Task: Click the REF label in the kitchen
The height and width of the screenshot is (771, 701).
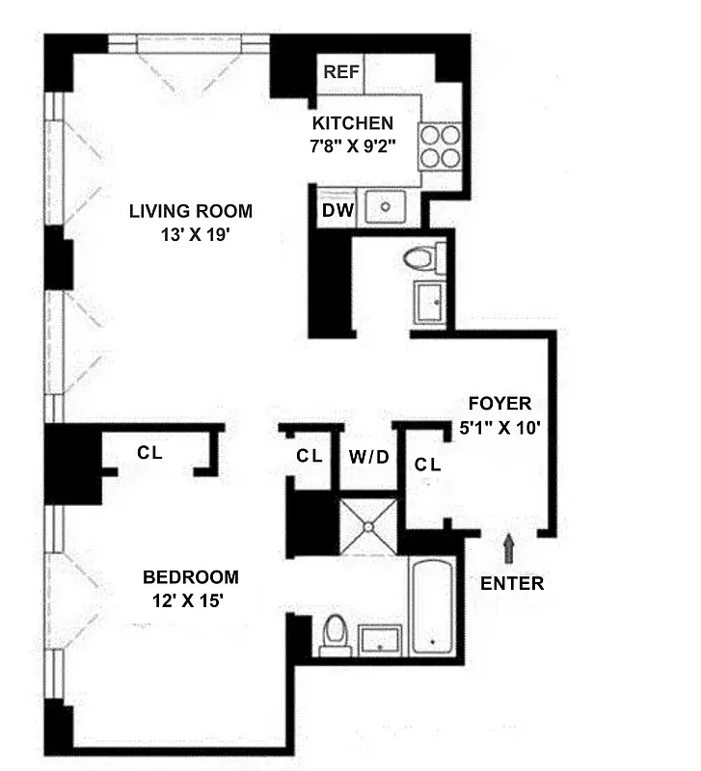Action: point(340,72)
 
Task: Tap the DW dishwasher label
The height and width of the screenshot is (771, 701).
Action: point(335,209)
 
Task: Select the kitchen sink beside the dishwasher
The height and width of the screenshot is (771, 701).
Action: point(390,207)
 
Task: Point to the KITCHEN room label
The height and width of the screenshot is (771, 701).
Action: point(352,123)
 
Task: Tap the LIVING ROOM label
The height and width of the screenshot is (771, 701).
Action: point(191,211)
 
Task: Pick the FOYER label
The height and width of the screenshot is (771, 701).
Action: point(499,404)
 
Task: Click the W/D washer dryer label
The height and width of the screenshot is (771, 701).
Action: point(369,457)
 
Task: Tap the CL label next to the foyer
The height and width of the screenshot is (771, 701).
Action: point(428,465)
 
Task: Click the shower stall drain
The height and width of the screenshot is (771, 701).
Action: point(367,526)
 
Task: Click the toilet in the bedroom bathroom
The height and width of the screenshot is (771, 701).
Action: point(334,634)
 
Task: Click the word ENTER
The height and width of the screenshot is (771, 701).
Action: point(512,583)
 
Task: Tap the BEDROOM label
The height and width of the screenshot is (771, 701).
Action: point(190,577)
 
